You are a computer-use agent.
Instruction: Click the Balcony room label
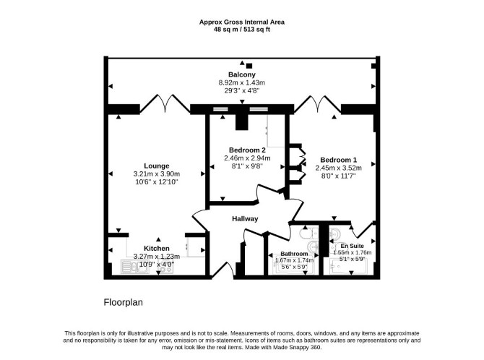tap(242, 74)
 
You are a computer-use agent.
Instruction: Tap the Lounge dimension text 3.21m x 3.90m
tap(157, 174)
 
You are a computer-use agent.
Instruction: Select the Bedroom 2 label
tap(247, 150)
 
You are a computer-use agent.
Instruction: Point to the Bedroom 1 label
tap(338, 160)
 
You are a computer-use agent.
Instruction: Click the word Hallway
tap(245, 219)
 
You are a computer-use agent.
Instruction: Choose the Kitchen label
tap(157, 249)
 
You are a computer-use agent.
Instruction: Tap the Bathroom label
tap(294, 254)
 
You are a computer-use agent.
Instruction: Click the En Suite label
tap(353, 246)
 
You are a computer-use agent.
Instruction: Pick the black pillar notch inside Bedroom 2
tap(242, 121)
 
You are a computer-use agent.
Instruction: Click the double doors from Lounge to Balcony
tap(165, 103)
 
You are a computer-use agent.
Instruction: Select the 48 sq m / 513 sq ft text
tap(242, 30)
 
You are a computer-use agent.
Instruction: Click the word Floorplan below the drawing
tap(123, 302)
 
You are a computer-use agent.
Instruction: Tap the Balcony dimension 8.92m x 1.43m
tap(242, 83)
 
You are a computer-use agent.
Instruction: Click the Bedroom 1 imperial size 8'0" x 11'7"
tap(338, 176)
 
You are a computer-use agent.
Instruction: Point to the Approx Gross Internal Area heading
tap(242, 22)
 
